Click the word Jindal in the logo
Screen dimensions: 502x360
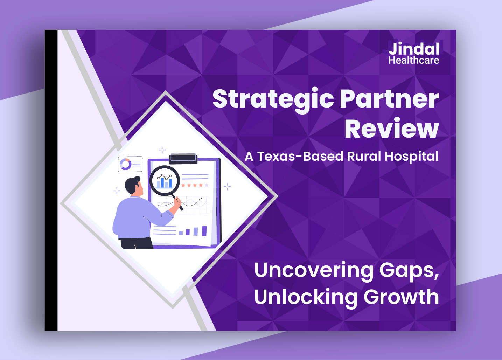(x=414, y=49)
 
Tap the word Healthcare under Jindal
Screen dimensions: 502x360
(x=414, y=60)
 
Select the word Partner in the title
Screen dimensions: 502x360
(x=389, y=99)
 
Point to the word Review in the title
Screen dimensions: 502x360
(x=391, y=128)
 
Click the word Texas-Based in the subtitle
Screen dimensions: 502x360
(x=300, y=156)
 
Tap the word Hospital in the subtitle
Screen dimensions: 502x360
(x=411, y=157)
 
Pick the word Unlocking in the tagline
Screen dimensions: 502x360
(x=306, y=297)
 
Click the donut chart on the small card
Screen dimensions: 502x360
(x=125, y=164)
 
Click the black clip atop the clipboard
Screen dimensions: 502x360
(x=183, y=158)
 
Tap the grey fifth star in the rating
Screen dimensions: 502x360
(x=207, y=185)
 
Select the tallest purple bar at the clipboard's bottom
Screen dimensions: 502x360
(x=204, y=231)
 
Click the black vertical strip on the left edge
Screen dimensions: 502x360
(x=51, y=180)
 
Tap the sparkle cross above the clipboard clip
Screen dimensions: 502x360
(x=162, y=150)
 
